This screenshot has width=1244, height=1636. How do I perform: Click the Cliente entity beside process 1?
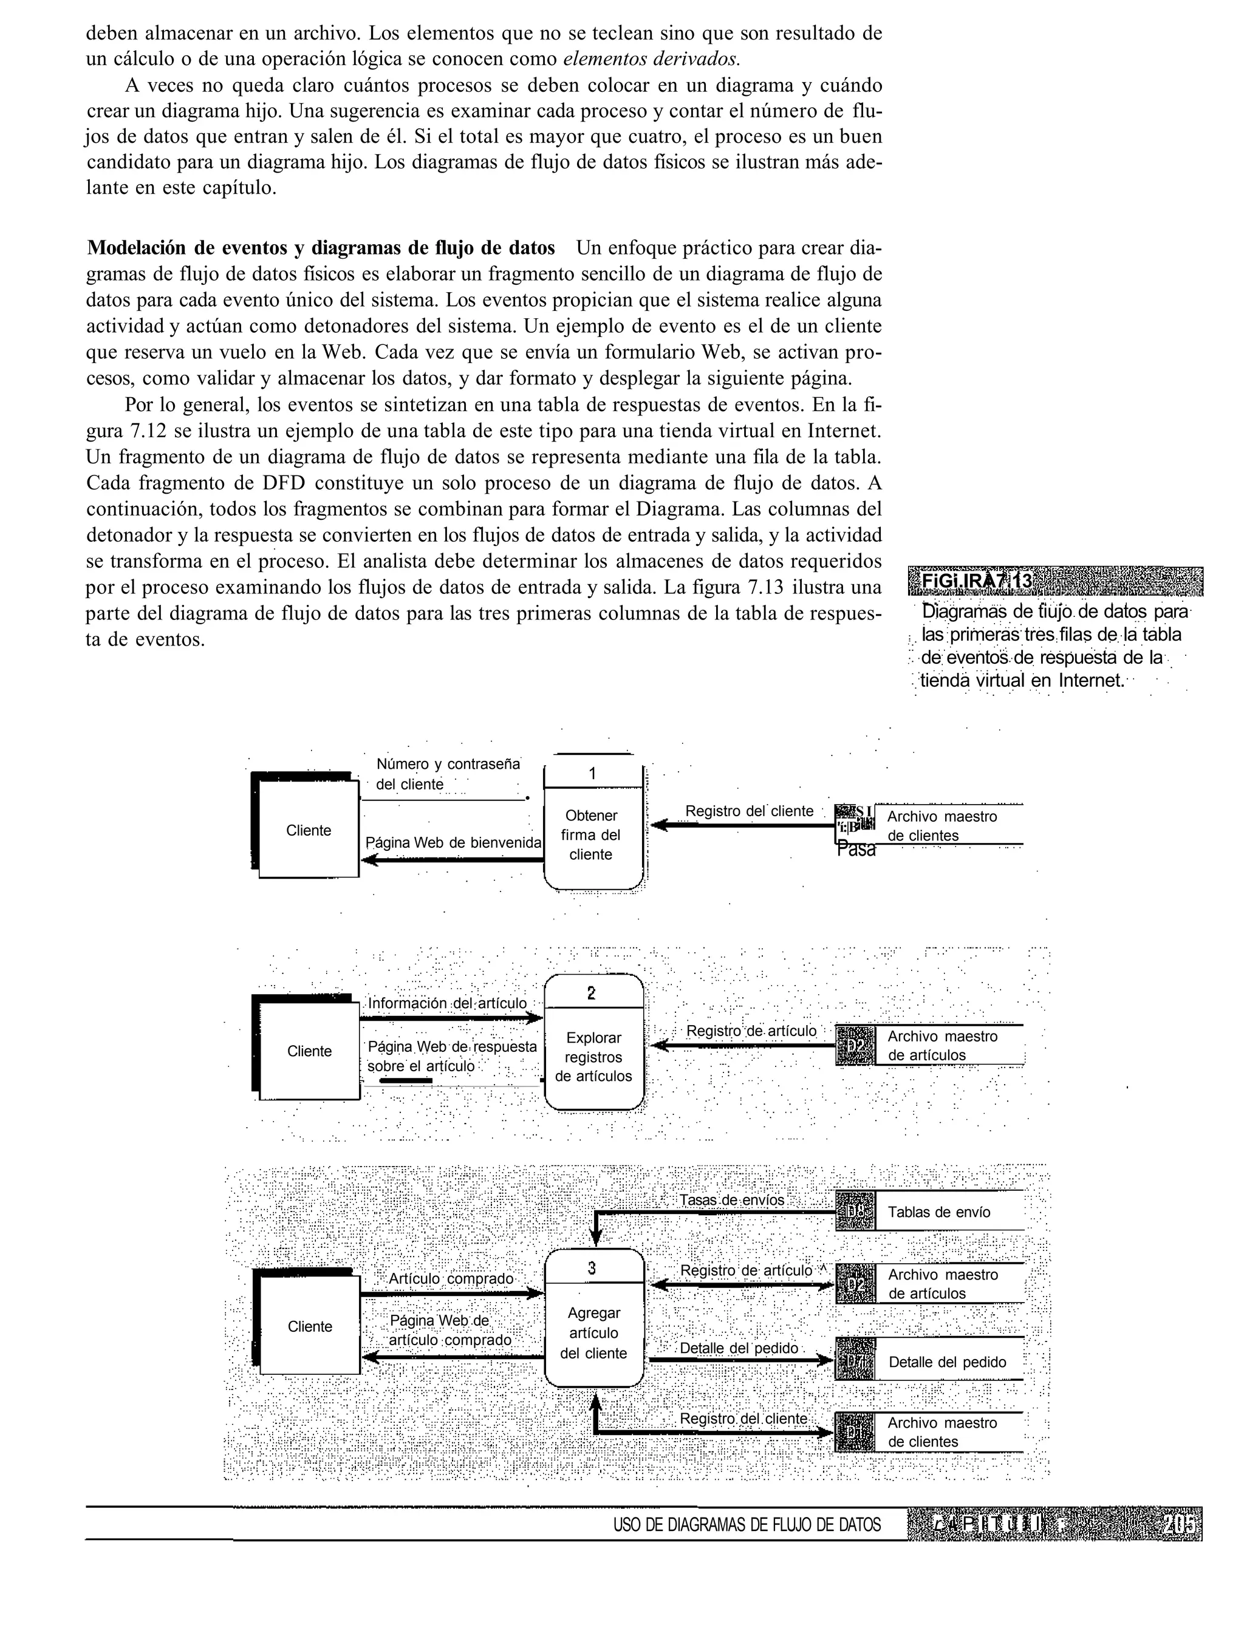click(308, 831)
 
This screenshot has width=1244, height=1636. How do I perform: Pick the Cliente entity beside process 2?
click(309, 1051)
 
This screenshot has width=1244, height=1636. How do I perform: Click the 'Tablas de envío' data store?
click(938, 1212)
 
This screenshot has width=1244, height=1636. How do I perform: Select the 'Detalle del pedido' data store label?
click(946, 1362)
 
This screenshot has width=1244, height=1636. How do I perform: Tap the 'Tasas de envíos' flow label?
click(731, 1200)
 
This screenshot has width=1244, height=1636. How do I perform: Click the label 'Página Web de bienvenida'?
click(453, 842)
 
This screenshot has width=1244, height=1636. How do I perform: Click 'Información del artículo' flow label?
click(447, 1003)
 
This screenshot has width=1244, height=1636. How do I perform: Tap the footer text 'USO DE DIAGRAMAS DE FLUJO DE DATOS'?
click(747, 1525)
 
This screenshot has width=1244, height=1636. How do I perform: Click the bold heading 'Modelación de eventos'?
click(320, 247)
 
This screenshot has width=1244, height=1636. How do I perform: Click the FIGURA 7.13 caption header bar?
click(1054, 581)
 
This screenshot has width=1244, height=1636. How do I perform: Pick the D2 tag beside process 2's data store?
click(855, 1045)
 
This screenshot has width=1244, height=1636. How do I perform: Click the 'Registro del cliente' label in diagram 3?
click(743, 1419)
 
